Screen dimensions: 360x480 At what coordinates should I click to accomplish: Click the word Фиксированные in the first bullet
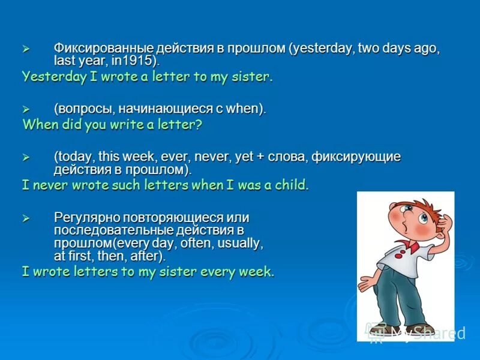(x=104, y=48)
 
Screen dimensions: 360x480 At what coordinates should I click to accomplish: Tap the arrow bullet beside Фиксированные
(x=25, y=48)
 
